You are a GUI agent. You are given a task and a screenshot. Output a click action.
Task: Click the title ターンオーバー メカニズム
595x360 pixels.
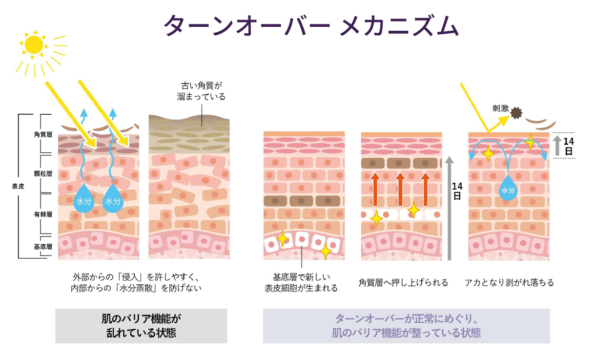pyautogui.click(x=311, y=25)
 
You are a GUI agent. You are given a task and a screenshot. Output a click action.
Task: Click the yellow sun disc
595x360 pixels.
pyautogui.click(x=34, y=45)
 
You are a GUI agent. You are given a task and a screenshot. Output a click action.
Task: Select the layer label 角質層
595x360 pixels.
pyautogui.click(x=43, y=134)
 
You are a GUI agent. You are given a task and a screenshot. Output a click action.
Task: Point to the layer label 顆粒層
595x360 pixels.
pyautogui.click(x=43, y=173)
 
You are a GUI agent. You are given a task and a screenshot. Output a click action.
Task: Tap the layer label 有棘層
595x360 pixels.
pyautogui.click(x=43, y=214)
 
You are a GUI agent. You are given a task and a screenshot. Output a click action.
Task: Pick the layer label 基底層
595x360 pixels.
pyautogui.click(x=43, y=247)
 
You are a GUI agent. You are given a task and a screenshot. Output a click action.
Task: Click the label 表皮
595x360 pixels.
pyautogui.click(x=18, y=187)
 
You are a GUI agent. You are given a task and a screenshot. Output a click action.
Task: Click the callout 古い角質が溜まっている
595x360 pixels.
pyautogui.click(x=202, y=91)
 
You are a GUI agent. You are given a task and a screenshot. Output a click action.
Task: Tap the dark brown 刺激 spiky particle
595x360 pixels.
pyautogui.click(x=516, y=113)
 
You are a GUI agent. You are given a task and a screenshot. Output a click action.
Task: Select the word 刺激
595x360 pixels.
pyautogui.click(x=500, y=108)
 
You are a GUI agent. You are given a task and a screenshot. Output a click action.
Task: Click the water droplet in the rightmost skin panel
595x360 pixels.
pyautogui.click(x=508, y=188)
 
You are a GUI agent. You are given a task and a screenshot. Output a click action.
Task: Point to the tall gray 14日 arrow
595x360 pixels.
pyautogui.click(x=449, y=208)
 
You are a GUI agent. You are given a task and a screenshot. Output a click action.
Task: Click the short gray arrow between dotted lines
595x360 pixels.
pyautogui.click(x=557, y=146)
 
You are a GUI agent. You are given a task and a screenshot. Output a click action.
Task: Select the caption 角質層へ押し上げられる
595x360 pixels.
pyautogui.click(x=403, y=282)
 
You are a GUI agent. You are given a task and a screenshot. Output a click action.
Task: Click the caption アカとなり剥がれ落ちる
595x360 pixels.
pyautogui.click(x=509, y=282)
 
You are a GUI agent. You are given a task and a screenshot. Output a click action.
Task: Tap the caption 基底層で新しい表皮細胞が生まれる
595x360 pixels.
pyautogui.click(x=301, y=283)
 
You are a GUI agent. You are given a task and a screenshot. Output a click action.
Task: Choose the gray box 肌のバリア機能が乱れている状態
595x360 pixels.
pyautogui.click(x=142, y=326)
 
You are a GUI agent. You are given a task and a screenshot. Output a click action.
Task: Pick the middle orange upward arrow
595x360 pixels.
pyautogui.click(x=400, y=190)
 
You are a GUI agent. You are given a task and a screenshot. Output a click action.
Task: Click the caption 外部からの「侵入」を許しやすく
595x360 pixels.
pyautogui.click(x=136, y=277)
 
